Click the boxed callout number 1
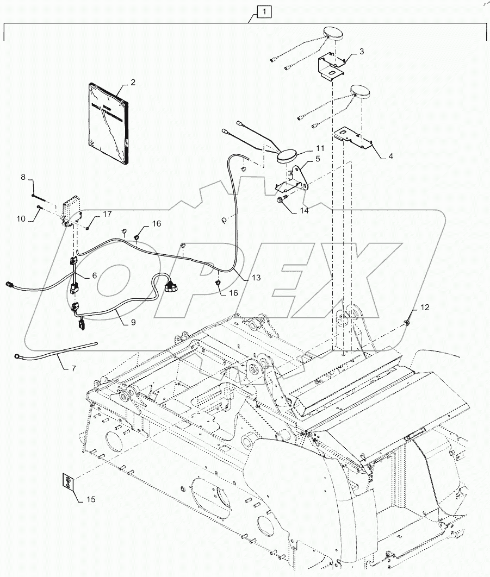pos(263,11)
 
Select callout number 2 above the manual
pos(132,83)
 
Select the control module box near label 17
pos(72,209)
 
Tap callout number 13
pos(256,277)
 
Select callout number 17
pos(107,214)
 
